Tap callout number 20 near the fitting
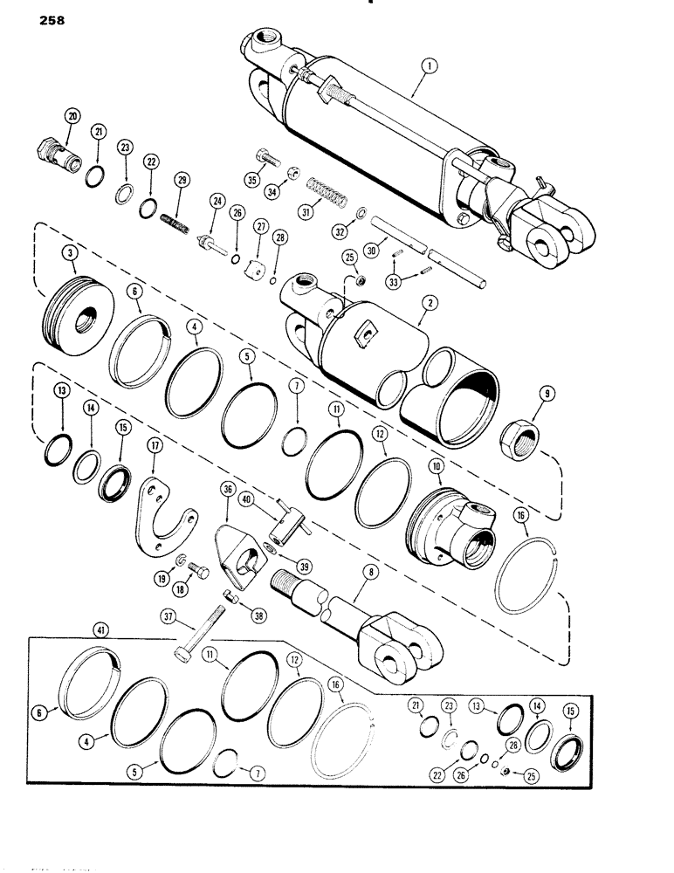(72, 116)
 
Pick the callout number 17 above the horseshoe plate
(155, 444)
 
